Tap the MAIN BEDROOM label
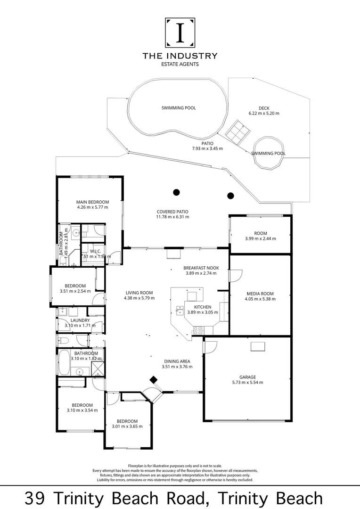pyautogui.click(x=92, y=202)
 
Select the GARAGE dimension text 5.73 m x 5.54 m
pyautogui.click(x=247, y=382)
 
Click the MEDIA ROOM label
pyautogui.click(x=260, y=294)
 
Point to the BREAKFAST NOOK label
pyautogui.click(x=200, y=268)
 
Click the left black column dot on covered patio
pyautogui.click(x=176, y=192)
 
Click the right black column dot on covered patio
pyautogui.click(x=230, y=196)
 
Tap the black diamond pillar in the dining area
pyautogui.click(x=154, y=380)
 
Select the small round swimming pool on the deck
pyautogui.click(x=267, y=152)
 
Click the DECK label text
pyautogui.click(x=264, y=108)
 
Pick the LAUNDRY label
pyautogui.click(x=77, y=320)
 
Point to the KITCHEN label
pyautogui.click(x=196, y=307)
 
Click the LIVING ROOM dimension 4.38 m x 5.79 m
pyautogui.click(x=139, y=298)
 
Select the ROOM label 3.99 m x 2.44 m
pyautogui.click(x=261, y=233)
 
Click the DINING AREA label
pyautogui.click(x=177, y=361)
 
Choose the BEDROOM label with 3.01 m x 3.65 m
pyautogui.click(x=127, y=421)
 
